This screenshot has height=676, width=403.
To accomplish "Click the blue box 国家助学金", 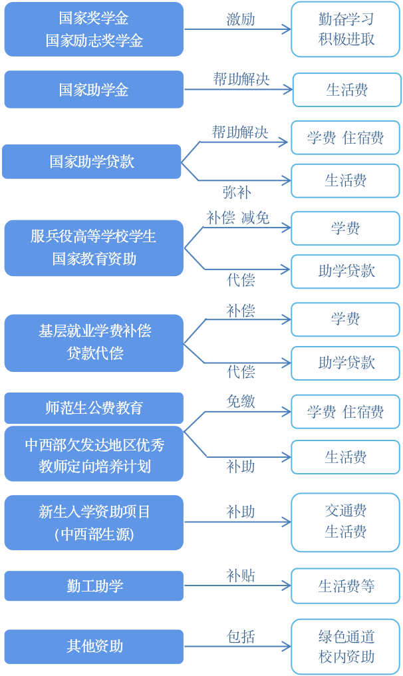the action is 94,90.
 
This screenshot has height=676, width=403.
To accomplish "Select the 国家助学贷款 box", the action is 92,162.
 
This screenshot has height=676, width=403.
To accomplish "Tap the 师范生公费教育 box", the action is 94,408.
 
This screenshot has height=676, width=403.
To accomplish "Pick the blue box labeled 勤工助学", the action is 94,586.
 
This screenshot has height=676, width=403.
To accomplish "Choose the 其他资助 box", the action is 94,646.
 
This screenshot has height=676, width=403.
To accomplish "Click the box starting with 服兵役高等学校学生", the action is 94,248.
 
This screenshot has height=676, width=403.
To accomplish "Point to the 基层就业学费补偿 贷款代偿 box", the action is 94,343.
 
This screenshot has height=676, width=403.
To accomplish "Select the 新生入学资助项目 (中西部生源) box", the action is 94,522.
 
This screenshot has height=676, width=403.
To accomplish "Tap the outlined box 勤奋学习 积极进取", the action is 346,29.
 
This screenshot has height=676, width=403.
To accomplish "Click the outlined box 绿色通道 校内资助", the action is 346,646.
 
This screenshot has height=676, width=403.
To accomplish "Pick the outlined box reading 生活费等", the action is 346,586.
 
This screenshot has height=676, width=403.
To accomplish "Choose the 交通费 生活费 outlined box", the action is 346,522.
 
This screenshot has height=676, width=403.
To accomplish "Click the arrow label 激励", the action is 241,19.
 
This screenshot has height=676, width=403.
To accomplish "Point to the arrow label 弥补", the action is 237,192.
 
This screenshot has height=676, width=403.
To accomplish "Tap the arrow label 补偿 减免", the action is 237,218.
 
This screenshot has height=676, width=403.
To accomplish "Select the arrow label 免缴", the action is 241,401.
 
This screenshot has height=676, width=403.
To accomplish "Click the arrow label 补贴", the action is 241,576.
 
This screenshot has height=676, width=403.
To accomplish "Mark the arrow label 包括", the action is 241,636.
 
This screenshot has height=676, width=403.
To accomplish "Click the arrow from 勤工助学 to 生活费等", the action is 238,586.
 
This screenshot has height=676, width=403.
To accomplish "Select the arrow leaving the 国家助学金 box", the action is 238,90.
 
